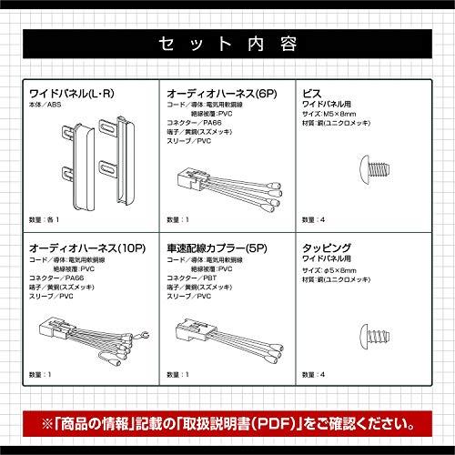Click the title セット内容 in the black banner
227,43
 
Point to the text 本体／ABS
48,106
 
